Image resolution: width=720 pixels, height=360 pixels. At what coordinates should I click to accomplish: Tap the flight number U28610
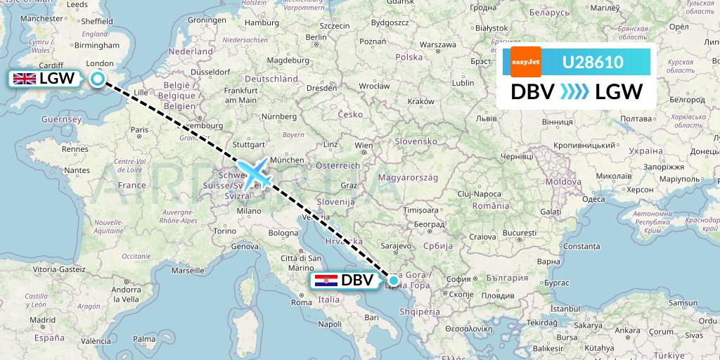(x=592, y=62)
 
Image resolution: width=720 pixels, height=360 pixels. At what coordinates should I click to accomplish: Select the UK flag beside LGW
(x=25, y=79)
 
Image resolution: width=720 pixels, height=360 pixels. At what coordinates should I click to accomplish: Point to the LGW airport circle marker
(x=97, y=79)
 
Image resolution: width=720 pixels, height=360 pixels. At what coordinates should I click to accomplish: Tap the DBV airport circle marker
(x=394, y=281)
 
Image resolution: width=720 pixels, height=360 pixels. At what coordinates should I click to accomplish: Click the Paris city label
(x=139, y=129)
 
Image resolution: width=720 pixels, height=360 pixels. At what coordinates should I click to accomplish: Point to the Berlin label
(x=318, y=37)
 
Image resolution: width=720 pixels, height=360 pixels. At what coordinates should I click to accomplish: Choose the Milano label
(x=248, y=210)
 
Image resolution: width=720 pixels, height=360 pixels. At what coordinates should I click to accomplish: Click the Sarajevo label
(x=396, y=246)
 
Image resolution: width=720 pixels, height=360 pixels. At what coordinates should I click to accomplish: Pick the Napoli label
(x=329, y=324)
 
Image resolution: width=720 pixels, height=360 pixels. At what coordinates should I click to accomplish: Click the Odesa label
(x=594, y=199)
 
